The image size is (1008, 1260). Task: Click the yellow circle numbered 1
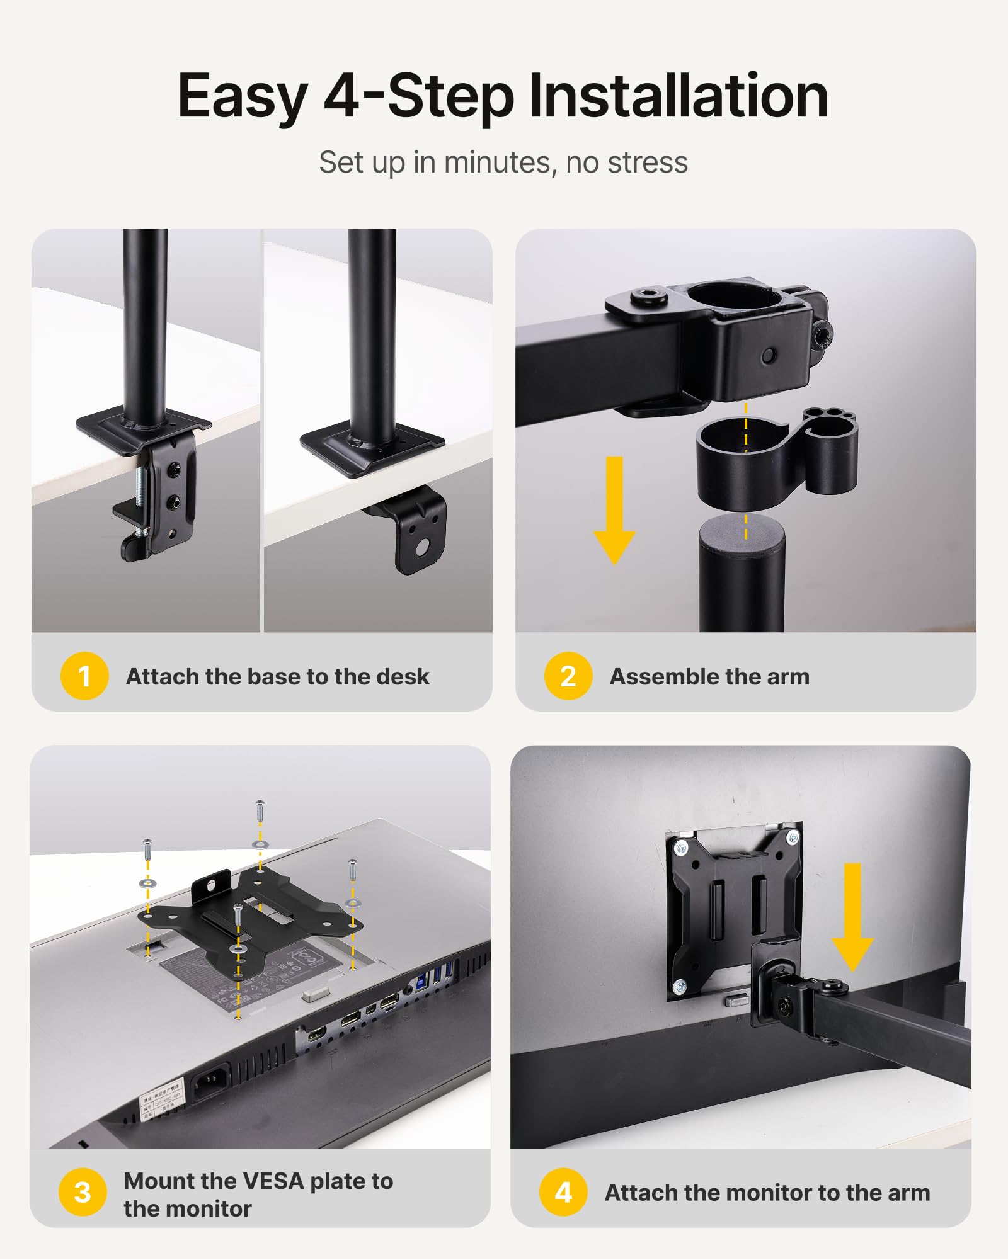[84, 676]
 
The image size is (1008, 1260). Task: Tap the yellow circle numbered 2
[568, 676]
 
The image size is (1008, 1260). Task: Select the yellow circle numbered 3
[83, 1192]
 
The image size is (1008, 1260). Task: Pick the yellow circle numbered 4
[563, 1192]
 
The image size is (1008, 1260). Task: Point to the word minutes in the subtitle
[496, 162]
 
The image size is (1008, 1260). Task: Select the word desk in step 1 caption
[403, 676]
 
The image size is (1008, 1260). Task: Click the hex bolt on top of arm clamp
[649, 296]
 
